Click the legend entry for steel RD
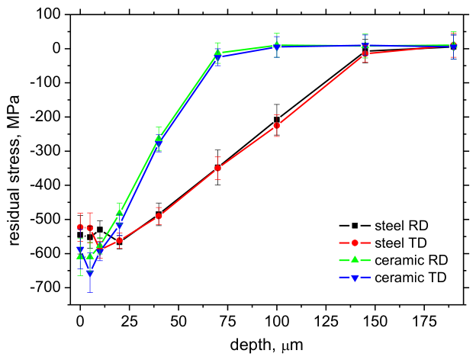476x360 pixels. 384,226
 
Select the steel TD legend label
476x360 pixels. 383,243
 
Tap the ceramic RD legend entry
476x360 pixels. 394,260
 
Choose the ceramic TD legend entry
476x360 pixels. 393,278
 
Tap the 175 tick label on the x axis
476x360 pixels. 424,321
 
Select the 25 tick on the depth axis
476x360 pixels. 130,321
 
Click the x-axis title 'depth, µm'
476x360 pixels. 266,346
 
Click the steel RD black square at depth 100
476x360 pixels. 277,120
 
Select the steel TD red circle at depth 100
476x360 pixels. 277,125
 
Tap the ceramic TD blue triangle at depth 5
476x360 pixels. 90,274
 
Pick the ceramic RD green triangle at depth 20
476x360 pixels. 120,213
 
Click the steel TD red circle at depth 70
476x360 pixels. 217,168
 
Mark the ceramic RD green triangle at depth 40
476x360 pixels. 159,138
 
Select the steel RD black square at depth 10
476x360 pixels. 100,230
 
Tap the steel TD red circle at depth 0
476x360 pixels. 80,227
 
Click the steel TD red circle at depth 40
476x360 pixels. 159,216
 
